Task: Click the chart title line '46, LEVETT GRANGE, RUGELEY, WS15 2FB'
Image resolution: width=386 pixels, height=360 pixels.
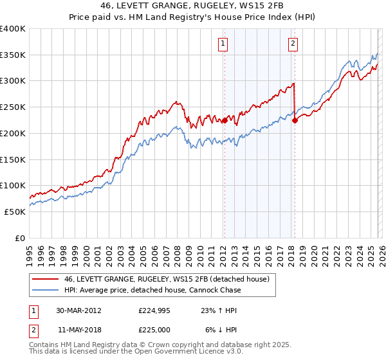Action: (193, 5)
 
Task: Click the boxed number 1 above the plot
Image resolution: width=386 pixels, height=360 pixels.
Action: (223, 44)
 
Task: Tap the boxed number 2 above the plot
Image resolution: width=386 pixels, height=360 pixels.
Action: (293, 44)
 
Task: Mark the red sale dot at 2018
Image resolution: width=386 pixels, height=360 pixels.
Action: (295, 120)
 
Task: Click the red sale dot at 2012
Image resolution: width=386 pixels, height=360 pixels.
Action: (225, 120)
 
